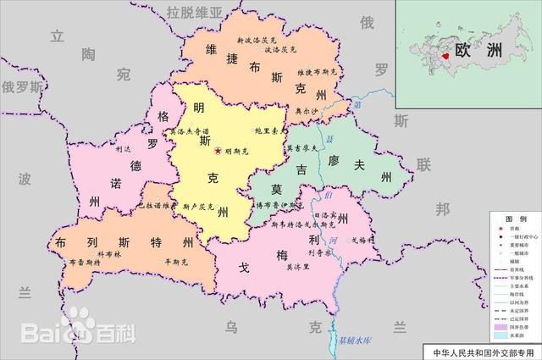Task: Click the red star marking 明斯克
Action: coord(218,150)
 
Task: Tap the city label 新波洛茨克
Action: coord(256,40)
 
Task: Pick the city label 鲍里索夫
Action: coord(268,131)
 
